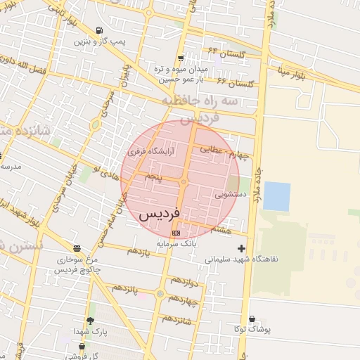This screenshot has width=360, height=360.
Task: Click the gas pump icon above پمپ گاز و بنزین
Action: pos(98,31)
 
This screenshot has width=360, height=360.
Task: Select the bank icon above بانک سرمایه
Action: pos(176,233)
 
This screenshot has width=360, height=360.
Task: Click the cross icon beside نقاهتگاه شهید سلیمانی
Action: pos(242,248)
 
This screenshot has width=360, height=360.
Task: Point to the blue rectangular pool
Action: pos(276,196)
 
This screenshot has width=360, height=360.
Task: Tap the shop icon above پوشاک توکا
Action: pos(252,319)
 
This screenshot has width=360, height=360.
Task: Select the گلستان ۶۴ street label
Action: pos(223,53)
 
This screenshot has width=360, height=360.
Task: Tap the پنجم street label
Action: pos(154,177)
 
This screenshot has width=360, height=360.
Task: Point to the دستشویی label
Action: pos(231,194)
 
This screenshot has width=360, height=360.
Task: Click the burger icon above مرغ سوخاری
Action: pos(76,248)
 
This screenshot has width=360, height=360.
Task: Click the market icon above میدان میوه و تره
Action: pos(181,58)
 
